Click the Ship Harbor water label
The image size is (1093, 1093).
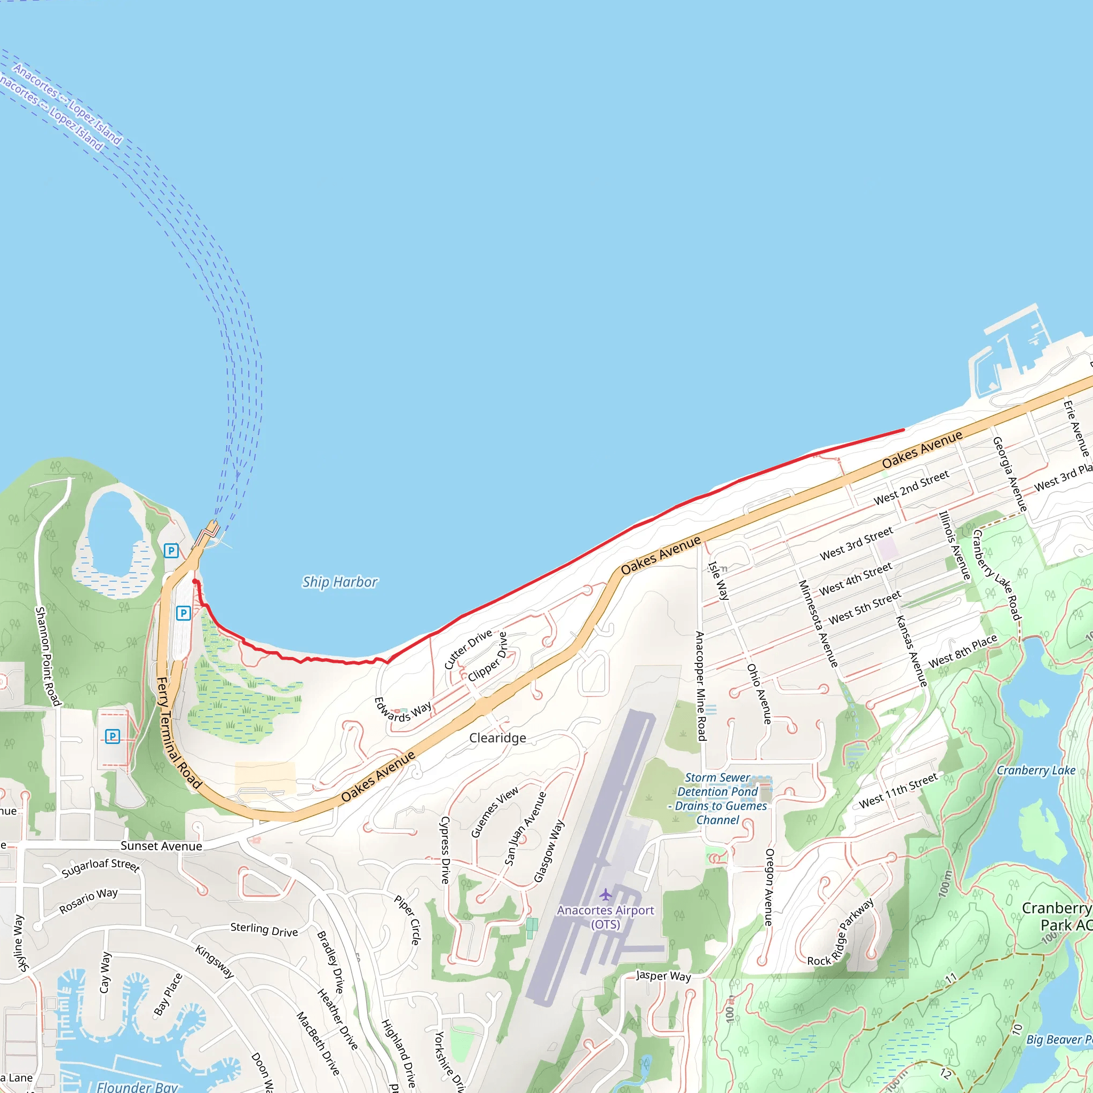click(x=339, y=582)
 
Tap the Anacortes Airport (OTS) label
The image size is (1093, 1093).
click(x=605, y=917)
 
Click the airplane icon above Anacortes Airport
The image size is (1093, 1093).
click(x=606, y=894)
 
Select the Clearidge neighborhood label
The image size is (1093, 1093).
click(x=497, y=738)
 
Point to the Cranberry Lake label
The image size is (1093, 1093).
click(x=1036, y=771)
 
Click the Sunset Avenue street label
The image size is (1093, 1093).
click(x=161, y=846)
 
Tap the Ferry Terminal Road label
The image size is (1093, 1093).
click(x=178, y=733)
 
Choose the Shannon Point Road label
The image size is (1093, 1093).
click(x=48, y=656)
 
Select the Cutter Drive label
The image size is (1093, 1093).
click(x=469, y=650)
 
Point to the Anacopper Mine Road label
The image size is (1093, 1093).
click(x=700, y=686)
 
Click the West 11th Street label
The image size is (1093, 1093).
click(x=898, y=791)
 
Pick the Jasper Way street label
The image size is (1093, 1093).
click(x=663, y=976)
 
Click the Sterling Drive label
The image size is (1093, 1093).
click(x=264, y=930)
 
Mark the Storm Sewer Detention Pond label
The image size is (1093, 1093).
click(x=718, y=799)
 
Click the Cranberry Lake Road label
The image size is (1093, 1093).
click(x=996, y=575)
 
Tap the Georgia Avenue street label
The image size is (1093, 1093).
click(x=1010, y=474)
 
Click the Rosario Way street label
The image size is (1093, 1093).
click(x=89, y=901)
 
